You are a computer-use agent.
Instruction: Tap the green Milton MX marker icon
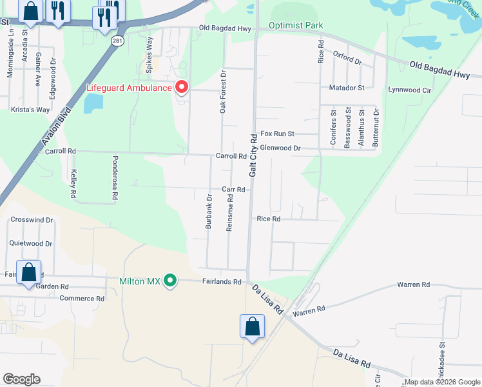coord(170,280)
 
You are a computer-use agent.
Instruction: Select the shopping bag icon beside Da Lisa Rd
coord(252,326)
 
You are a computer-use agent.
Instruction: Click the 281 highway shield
coord(117,40)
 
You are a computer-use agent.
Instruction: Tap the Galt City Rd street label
coord(254,155)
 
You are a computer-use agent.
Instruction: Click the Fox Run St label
coord(277,134)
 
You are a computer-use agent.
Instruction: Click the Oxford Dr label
coord(347,57)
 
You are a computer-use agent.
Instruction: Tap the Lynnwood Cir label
coord(409,90)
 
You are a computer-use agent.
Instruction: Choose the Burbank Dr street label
coord(209,212)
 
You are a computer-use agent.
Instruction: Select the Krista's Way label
coord(30,110)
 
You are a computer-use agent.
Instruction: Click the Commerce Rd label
coord(82,299)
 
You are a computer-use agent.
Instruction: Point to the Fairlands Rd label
coord(221,282)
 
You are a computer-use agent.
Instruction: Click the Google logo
coord(21,379)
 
